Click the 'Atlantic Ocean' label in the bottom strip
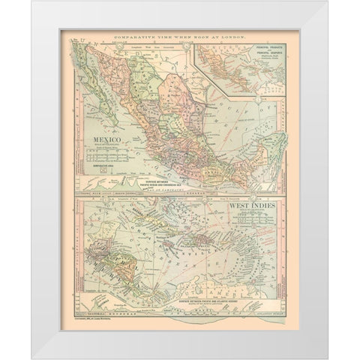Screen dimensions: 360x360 click(x=270, y=313)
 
